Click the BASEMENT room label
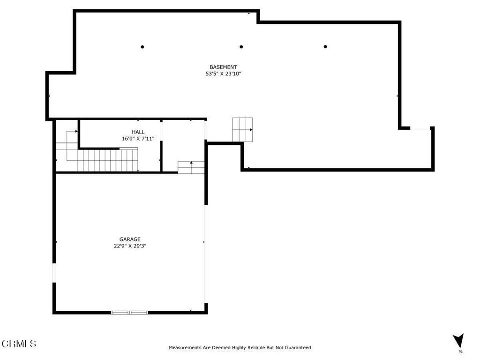[223, 67]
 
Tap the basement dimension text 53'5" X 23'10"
[223, 74]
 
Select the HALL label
[138, 132]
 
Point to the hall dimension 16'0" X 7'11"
[138, 138]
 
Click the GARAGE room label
[130, 239]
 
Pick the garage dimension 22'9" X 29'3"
[130, 246]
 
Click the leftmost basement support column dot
[142, 47]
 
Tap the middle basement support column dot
[241, 47]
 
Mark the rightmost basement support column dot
[325, 46]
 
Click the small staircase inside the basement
[242, 129]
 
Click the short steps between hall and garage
[191, 167]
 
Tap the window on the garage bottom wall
[129, 313]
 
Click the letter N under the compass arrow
[461, 352]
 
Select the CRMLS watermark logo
[19, 344]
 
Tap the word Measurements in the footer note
[185, 347]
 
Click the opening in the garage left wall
[54, 273]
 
